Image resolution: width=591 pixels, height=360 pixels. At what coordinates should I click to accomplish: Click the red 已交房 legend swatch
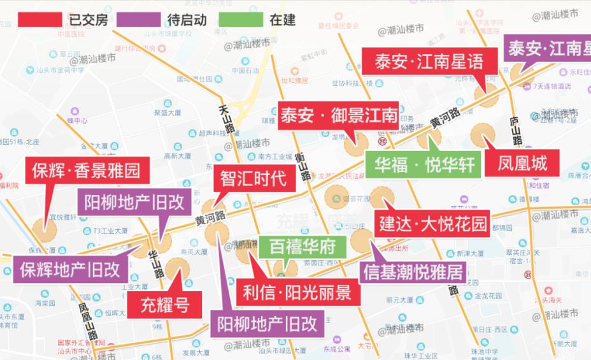coord(40,20)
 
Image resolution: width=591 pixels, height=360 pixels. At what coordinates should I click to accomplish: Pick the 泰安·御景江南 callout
coord(338,117)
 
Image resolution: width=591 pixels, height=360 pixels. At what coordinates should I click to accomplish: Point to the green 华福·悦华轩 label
coord(424,164)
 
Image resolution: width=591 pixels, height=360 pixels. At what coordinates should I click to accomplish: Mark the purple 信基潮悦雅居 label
coord(413,272)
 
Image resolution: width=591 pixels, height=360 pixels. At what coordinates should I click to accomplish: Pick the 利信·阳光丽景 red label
coord(296,292)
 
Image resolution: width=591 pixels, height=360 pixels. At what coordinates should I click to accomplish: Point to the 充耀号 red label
coord(164,304)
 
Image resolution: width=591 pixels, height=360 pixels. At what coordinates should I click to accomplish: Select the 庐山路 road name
coord(515,131)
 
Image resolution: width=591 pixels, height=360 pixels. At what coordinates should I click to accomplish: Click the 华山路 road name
coord(155,265)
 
